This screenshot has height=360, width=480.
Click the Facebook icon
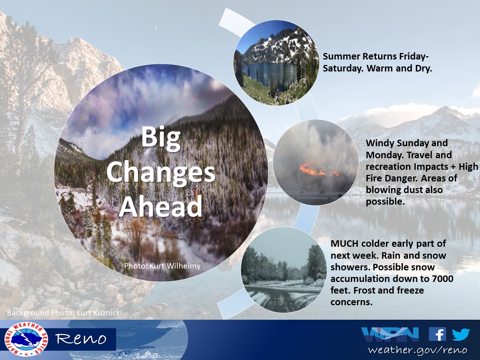click(437, 334)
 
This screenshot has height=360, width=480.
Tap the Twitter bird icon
click(461, 334)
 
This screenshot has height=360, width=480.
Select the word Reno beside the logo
click(81, 339)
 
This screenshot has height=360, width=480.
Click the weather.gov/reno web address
click(418, 350)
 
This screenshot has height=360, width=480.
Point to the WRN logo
click(390, 334)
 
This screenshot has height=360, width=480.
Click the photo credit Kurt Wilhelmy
click(162, 266)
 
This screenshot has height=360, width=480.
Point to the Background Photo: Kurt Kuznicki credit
click(65, 313)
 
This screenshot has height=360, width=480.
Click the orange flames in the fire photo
click(319, 170)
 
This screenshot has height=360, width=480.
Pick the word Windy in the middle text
click(380, 143)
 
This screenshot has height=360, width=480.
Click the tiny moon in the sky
click(156, 28)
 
